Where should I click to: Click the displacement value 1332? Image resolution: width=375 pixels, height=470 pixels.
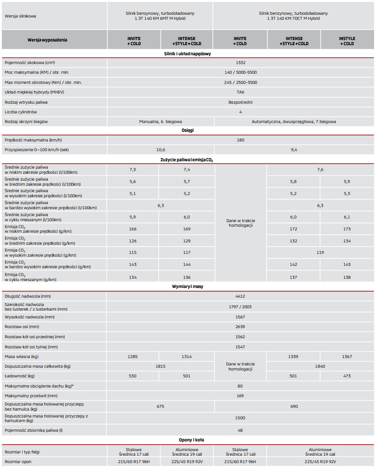(240, 62)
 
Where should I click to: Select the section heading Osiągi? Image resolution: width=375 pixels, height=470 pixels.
(188, 130)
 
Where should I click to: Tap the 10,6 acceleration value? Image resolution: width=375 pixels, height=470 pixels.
(160, 150)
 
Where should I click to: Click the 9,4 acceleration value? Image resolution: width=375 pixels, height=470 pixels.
(294, 150)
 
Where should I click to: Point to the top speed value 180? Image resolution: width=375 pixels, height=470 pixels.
(240, 140)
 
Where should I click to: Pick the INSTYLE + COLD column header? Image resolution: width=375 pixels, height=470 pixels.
(347, 41)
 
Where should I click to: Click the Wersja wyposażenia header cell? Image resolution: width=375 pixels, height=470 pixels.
(54, 40)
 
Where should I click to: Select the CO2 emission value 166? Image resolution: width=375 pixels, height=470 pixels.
(133, 229)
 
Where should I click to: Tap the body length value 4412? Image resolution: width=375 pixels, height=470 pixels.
(240, 296)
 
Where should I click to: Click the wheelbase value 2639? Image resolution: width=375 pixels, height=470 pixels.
(240, 327)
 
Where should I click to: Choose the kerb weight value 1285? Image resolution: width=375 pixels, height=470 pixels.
(133, 357)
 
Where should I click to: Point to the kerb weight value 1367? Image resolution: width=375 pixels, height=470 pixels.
(347, 357)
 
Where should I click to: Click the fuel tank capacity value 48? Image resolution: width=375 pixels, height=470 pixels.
(240, 430)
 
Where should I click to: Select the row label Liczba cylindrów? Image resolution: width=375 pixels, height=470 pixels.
(21, 112)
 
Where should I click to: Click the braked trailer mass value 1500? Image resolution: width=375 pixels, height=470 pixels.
(240, 418)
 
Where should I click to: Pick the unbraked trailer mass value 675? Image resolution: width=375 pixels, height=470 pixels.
(160, 406)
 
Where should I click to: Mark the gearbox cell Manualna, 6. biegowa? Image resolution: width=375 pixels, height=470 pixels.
(160, 122)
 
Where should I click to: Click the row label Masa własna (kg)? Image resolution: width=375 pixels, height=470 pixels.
(22, 357)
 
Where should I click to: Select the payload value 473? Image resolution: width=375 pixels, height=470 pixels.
(347, 376)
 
